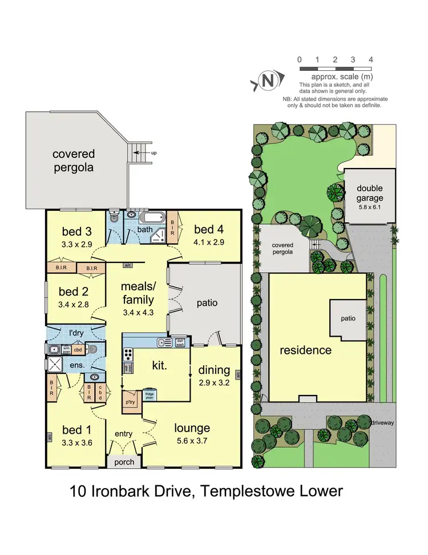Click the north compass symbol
click(266, 81)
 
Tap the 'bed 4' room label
click(208, 230)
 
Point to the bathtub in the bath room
click(151, 218)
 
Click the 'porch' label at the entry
click(124, 462)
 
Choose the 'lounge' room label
click(192, 428)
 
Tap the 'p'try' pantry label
click(134, 401)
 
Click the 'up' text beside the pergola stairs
click(153, 153)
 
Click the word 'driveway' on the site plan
click(383, 423)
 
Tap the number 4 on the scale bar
click(371, 59)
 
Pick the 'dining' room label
click(214, 370)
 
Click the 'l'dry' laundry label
click(76, 332)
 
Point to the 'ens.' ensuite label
click(77, 364)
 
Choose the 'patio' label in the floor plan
click(207, 302)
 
